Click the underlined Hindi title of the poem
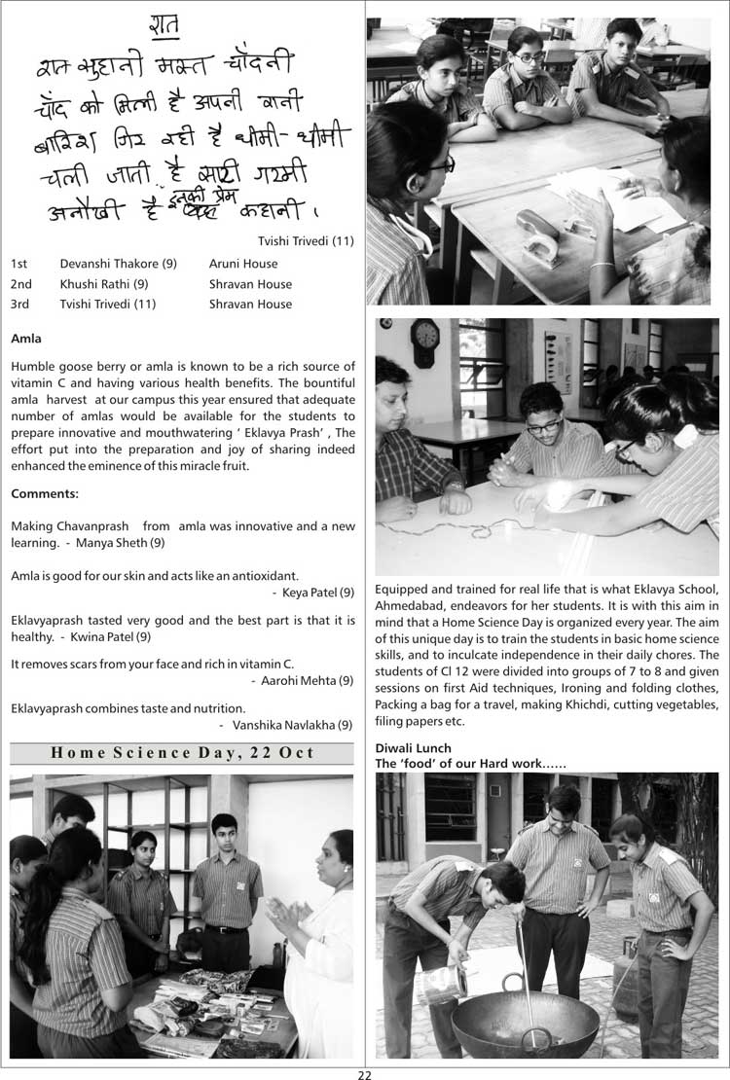coord(164,27)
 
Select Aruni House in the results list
coord(243,264)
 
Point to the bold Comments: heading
coord(45,494)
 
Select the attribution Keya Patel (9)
coord(318,592)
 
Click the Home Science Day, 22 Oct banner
coord(182,752)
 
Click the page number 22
coord(365,1074)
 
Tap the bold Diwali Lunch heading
coord(414,747)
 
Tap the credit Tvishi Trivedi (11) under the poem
coord(306,241)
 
